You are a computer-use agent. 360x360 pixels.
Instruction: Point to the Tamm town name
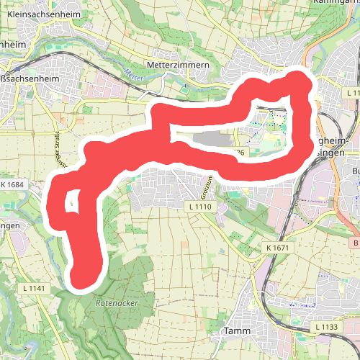pyautogui.click(x=235, y=331)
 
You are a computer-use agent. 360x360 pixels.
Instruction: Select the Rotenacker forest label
pyautogui.click(x=116, y=303)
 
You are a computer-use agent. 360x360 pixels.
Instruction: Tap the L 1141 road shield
pyautogui.click(x=34, y=289)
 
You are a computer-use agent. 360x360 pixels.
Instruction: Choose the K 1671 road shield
pyautogui.click(x=276, y=248)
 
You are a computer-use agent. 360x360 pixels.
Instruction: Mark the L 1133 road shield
pyautogui.click(x=326, y=328)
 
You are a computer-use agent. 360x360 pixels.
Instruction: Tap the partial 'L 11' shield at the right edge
pyautogui.click(x=352, y=94)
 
